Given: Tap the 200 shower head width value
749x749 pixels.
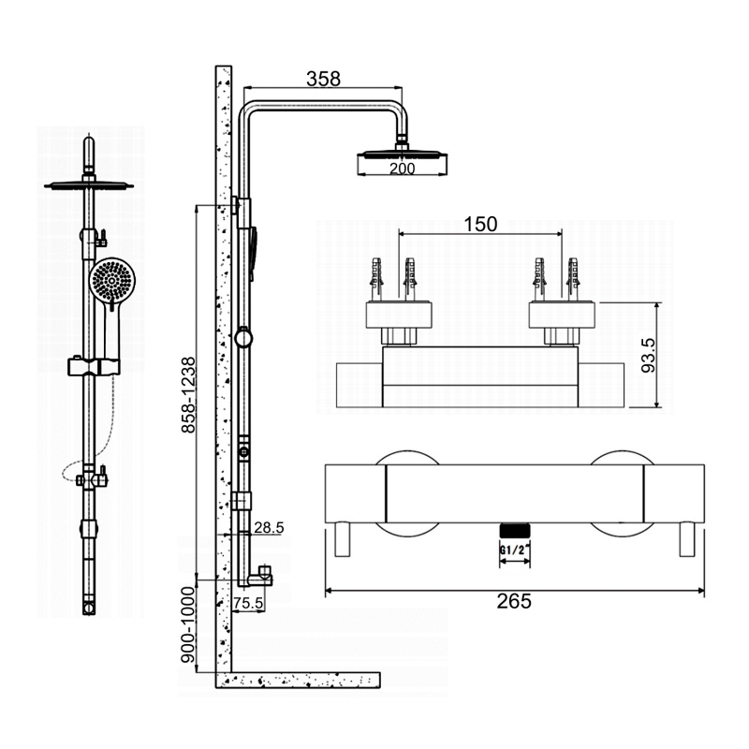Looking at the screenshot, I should (x=402, y=168).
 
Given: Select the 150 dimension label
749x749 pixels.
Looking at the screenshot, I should (x=479, y=224).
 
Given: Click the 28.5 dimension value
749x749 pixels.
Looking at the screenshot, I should (x=268, y=528).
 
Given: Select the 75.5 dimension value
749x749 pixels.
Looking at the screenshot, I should (x=247, y=603).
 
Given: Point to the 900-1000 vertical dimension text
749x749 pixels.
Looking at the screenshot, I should (x=188, y=626).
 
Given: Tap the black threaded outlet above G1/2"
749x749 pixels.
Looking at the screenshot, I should (x=513, y=530).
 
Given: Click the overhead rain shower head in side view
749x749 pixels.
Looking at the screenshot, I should (x=402, y=154).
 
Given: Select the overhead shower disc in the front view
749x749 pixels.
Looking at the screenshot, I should (x=89, y=184).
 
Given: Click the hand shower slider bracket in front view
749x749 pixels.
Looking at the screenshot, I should (x=94, y=365).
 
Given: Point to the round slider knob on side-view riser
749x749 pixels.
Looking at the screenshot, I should (x=243, y=338).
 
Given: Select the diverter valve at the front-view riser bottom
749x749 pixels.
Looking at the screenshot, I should (x=91, y=479).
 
